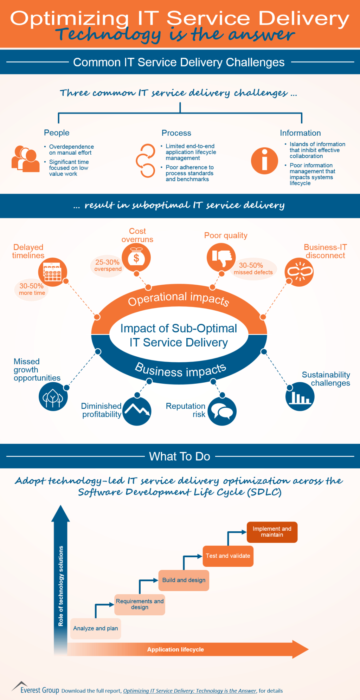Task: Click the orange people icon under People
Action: (25, 159)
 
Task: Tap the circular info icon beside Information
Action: (264, 161)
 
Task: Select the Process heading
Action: (176, 133)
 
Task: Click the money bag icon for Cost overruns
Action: (136, 258)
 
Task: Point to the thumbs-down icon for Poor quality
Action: (221, 257)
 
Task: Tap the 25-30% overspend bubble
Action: (108, 266)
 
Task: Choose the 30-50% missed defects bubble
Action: (253, 269)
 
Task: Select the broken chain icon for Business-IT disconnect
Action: (299, 272)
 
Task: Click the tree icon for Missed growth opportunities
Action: (53, 397)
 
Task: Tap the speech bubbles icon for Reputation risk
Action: (222, 411)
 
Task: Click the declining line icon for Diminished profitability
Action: (137, 411)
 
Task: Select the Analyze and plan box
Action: (96, 629)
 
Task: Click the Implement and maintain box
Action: (272, 532)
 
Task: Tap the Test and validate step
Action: (228, 556)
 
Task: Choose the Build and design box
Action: (184, 580)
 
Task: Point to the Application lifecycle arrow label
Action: (175, 650)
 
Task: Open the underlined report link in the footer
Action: (189, 691)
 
